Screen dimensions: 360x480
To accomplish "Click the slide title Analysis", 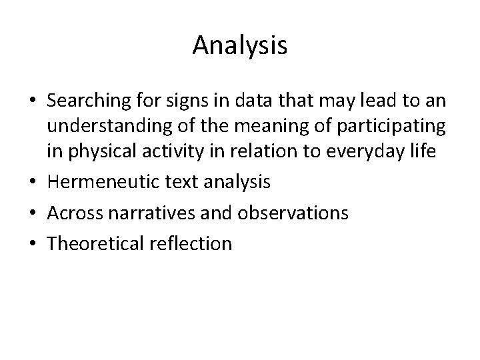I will (x=240, y=46).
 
